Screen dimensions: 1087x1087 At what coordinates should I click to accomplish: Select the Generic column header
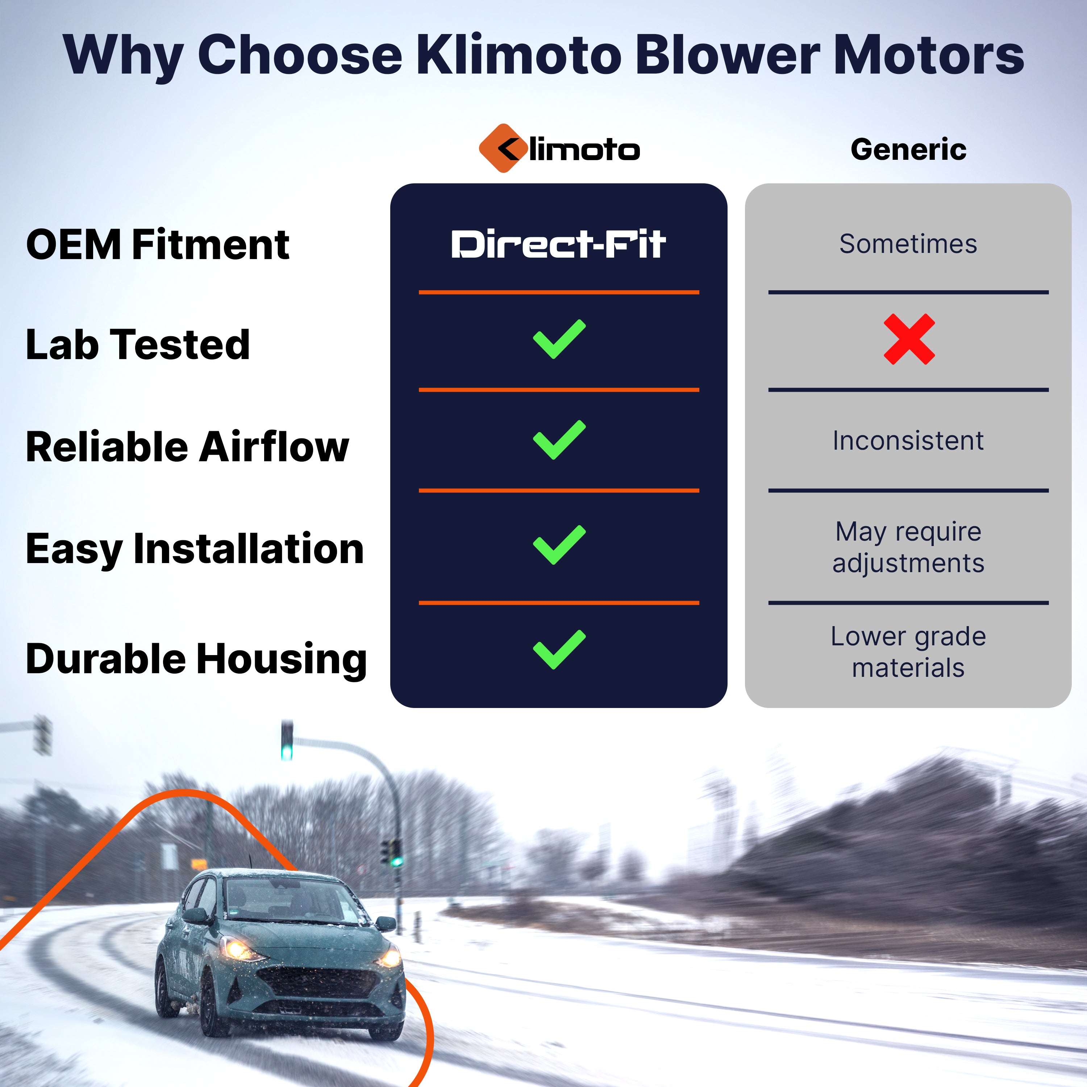point(908,150)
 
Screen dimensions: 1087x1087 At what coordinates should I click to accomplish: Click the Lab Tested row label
point(138,344)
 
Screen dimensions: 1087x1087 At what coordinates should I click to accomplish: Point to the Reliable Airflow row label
point(187,447)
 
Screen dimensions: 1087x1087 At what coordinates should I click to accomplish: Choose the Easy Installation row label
point(195,549)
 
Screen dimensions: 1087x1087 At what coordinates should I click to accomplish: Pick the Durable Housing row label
point(196,659)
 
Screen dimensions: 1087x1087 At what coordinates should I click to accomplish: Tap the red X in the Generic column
point(909,339)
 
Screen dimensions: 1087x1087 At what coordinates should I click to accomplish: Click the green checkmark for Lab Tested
point(559,339)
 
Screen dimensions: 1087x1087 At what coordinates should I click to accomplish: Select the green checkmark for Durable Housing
point(559,649)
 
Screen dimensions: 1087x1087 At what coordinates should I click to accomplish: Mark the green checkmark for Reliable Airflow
point(559,440)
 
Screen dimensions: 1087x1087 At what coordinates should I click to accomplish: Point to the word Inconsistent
point(908,441)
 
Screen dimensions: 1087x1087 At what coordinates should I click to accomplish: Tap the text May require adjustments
point(908,547)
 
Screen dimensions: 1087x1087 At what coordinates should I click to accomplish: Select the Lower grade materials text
point(908,652)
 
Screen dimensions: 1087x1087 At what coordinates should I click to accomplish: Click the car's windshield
point(290,900)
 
